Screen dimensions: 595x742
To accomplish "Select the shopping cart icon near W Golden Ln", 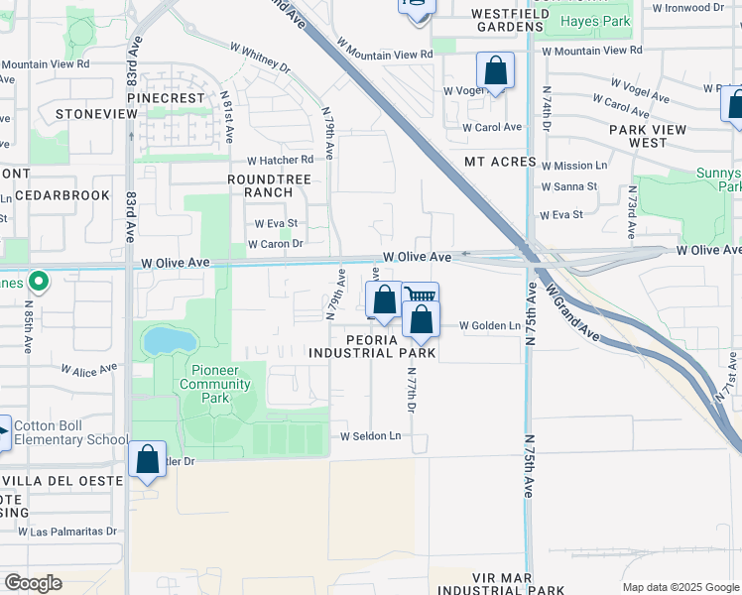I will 421,296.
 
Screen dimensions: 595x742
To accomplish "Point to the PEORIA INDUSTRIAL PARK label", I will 371,345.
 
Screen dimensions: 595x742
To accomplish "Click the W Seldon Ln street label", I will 371,436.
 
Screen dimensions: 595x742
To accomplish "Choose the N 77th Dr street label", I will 411,388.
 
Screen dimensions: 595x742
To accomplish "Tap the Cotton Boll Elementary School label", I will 71,433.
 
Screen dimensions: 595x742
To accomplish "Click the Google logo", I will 34,583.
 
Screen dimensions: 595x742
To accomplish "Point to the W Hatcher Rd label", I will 280,160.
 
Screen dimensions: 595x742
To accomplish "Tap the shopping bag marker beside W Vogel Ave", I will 495,71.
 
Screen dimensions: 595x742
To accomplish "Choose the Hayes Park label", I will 594,21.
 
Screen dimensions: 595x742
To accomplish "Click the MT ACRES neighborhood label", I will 500,162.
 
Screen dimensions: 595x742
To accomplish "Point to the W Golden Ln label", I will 489,326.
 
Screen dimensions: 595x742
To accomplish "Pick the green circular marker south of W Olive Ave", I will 39,282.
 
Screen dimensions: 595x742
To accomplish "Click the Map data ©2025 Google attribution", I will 680,586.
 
